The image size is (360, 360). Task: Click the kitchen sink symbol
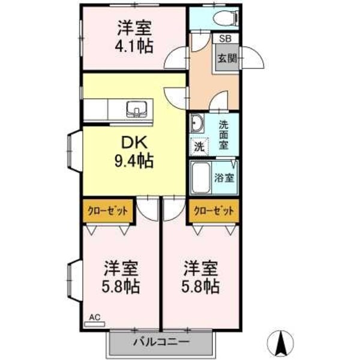pyautogui.click(x=137, y=109)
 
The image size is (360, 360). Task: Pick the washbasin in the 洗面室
pyautogui.click(x=197, y=125)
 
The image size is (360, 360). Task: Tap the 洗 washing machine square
pyautogui.click(x=197, y=146)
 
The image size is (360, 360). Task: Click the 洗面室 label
pyautogui.click(x=224, y=135)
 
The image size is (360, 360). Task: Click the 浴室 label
pyautogui.click(x=225, y=178)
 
